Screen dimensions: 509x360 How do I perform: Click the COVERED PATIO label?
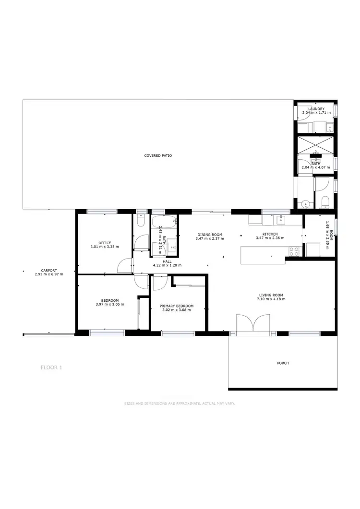click(x=158, y=156)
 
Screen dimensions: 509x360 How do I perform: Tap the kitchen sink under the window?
click(x=281, y=220)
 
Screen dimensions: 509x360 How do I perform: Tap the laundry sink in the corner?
click(x=330, y=128)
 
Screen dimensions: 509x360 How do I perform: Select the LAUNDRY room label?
click(x=316, y=109)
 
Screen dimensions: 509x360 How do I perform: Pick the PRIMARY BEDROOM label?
click(x=177, y=306)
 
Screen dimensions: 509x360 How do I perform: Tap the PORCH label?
click(x=283, y=363)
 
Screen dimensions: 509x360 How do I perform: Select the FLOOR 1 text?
click(x=51, y=367)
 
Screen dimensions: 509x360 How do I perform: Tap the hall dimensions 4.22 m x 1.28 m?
click(x=167, y=265)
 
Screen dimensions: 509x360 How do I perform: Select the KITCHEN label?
click(x=266, y=234)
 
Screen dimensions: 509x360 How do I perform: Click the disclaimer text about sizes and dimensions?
click(x=180, y=404)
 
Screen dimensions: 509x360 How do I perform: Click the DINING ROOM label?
click(x=209, y=234)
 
